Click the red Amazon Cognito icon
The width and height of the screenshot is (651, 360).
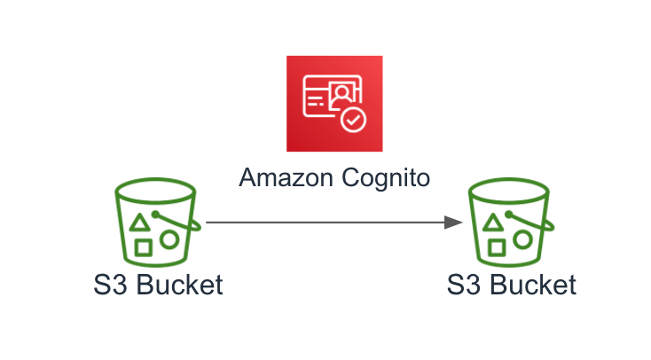tap(334, 104)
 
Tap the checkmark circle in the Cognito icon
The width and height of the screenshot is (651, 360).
tap(353, 121)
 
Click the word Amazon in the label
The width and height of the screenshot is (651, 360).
tap(286, 177)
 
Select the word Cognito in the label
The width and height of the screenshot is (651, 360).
tap(386, 179)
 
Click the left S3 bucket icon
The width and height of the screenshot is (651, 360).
tap(158, 223)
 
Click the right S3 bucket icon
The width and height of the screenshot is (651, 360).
tap(511, 223)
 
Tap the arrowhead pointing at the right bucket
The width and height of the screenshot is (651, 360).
tap(453, 223)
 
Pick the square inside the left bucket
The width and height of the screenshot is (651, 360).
tap(143, 247)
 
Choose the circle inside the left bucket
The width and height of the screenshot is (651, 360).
tap(169, 240)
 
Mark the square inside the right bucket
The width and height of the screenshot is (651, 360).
tap(497, 247)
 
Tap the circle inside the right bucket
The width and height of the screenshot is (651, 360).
tap(522, 240)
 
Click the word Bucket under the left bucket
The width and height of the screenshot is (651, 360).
tap(179, 285)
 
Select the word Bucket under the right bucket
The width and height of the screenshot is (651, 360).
tap(533, 285)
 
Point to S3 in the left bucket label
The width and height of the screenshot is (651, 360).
tap(110, 285)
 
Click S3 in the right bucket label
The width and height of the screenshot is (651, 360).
tap(463, 285)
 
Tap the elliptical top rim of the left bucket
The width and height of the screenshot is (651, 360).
tap(155, 179)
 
